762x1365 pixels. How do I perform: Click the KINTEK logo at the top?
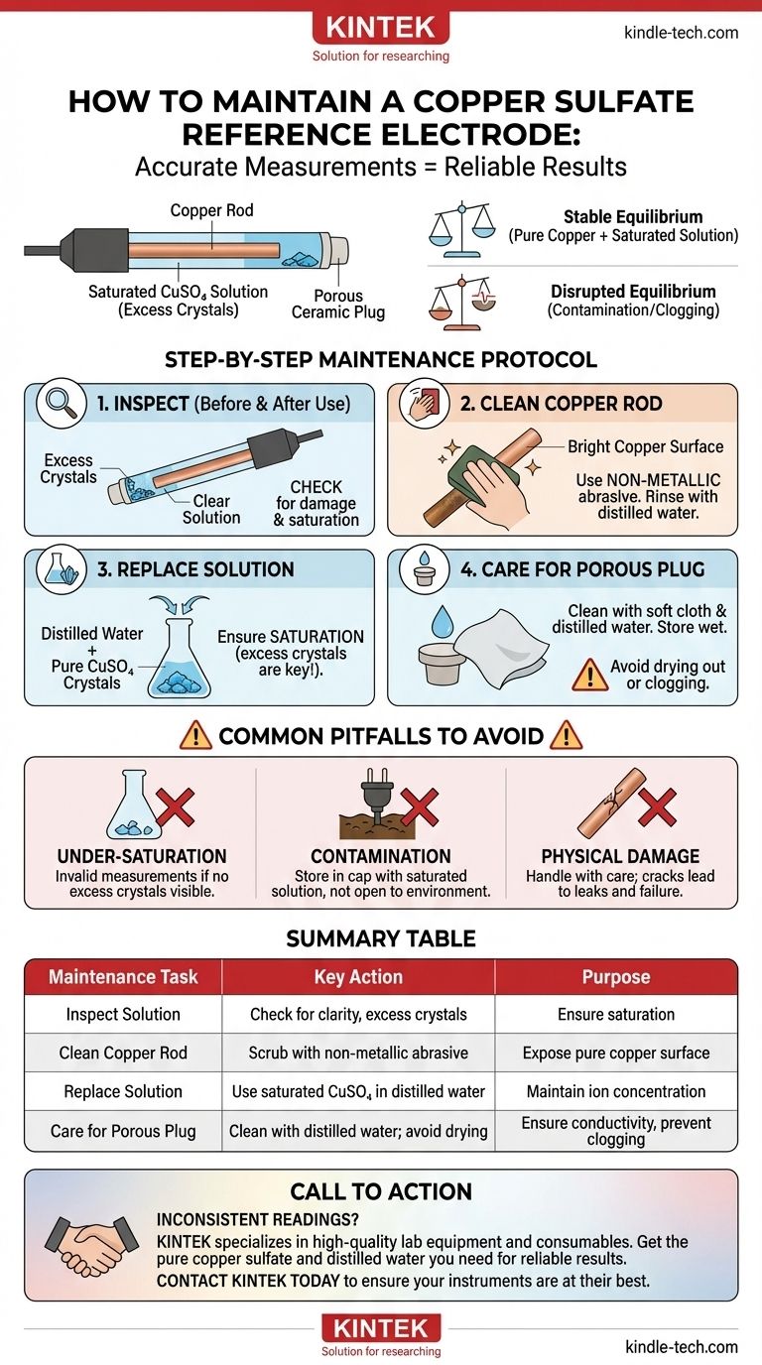(381, 28)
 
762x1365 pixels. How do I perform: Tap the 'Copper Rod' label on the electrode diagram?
(211, 210)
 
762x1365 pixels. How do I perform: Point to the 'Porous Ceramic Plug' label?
(338, 305)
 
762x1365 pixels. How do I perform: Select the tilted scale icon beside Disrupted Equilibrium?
(462, 302)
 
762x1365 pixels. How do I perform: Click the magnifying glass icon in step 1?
(61, 403)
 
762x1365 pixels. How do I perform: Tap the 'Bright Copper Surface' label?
(646, 446)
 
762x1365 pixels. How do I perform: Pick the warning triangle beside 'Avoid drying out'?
(589, 675)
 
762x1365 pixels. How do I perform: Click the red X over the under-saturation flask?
(175, 807)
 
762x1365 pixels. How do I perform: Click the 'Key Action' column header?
(358, 977)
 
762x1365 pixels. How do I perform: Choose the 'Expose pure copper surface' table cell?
(616, 1053)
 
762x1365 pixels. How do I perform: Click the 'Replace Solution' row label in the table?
(123, 1091)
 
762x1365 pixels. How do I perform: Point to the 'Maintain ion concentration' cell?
(616, 1091)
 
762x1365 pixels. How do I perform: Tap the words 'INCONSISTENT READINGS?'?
(258, 1219)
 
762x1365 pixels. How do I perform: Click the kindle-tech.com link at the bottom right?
(682, 1346)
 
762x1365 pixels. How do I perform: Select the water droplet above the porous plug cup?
(442, 621)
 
